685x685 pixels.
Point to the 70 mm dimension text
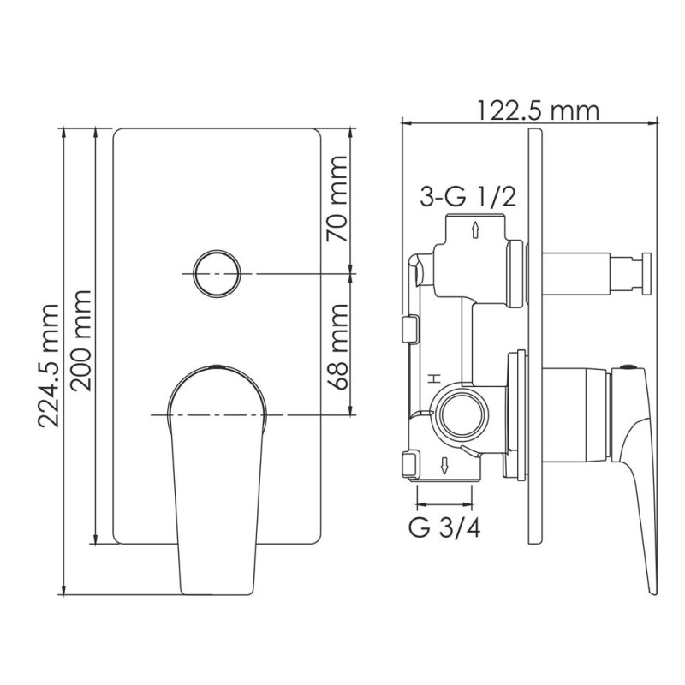338,200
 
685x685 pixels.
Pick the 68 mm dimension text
338,346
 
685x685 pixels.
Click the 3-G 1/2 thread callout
468,197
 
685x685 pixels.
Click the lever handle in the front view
217,479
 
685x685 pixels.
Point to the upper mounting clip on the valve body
408,327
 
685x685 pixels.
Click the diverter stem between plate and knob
578,271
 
